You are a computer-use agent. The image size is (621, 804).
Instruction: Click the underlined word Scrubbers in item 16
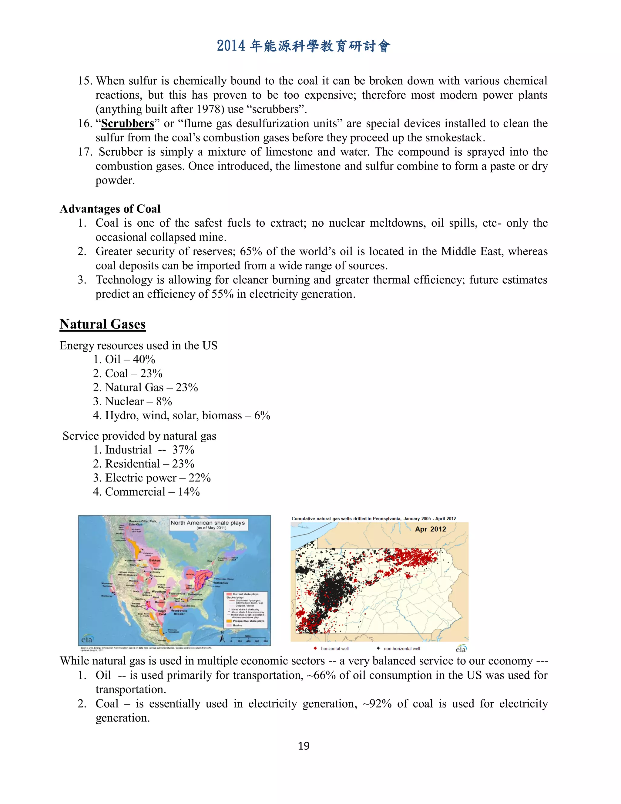(128, 124)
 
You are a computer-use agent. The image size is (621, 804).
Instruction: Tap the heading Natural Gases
(103, 324)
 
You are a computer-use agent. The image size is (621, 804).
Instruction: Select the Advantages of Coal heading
(110, 209)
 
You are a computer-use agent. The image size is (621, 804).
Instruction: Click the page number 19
(304, 746)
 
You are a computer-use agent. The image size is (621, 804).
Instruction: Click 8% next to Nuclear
(164, 401)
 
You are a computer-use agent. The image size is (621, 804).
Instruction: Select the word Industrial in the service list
(128, 450)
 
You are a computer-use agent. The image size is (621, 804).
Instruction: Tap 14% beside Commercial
(189, 492)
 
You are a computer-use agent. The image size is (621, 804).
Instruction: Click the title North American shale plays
(207, 523)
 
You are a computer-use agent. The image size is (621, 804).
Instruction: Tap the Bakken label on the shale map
(155, 560)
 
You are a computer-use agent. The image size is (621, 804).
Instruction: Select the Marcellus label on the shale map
(221, 583)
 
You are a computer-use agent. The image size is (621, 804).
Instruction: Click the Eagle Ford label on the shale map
(162, 612)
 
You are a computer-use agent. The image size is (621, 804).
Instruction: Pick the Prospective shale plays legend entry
(248, 621)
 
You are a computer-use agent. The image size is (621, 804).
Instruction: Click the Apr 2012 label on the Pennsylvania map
(431, 529)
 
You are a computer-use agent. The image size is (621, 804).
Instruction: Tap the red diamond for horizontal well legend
(315, 648)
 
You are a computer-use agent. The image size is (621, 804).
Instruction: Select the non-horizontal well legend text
(402, 649)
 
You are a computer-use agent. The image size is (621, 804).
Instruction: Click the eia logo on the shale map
(87, 640)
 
